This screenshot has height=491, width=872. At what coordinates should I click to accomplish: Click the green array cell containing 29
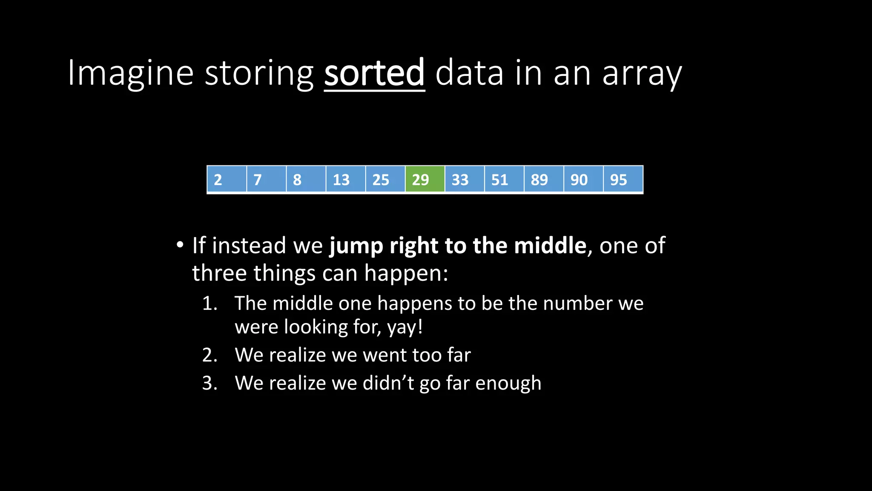425,179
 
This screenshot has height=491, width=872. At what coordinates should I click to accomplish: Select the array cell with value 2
227,179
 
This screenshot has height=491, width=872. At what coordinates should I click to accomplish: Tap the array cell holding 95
623,179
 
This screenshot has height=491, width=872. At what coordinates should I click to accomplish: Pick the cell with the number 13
345,179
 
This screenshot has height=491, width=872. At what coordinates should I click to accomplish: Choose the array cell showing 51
504,179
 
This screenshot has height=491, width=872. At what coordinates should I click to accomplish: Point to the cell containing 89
544,179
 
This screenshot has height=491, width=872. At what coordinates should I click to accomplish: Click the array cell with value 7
266,179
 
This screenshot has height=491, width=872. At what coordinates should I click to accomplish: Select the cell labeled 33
465,179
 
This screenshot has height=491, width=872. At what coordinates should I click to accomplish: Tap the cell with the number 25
385,179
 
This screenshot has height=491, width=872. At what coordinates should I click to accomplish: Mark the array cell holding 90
583,179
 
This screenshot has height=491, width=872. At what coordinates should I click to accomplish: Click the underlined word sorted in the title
374,73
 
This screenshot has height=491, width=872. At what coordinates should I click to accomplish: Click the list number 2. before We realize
209,355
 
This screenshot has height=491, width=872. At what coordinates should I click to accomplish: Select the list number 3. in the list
209,383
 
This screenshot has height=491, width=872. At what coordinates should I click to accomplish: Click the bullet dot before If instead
180,245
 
